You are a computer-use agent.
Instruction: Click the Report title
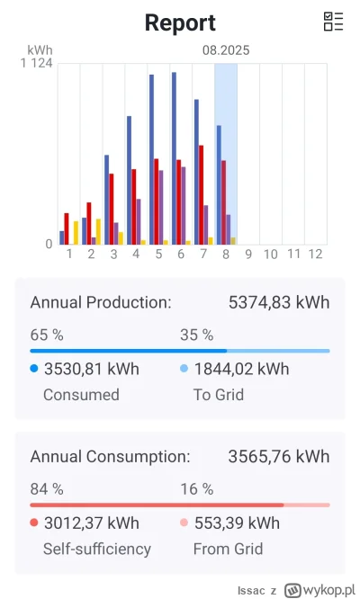click(x=180, y=22)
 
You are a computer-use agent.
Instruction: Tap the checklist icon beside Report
click(x=333, y=22)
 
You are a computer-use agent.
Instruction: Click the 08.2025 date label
click(x=225, y=52)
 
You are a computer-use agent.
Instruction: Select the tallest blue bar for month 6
click(x=174, y=158)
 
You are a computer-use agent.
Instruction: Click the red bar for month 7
click(x=202, y=194)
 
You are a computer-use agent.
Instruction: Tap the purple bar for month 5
click(x=161, y=207)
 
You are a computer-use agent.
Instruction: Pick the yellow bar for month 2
click(x=98, y=231)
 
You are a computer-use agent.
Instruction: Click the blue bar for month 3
click(x=106, y=199)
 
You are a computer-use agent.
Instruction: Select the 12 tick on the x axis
click(x=315, y=255)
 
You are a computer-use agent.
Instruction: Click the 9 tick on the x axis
click(x=248, y=255)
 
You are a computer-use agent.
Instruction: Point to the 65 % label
click(x=47, y=335)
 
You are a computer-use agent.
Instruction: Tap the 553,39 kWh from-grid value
click(x=236, y=523)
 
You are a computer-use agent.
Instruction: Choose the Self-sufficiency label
click(x=90, y=549)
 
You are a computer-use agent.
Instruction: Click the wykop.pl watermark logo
click(x=321, y=590)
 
